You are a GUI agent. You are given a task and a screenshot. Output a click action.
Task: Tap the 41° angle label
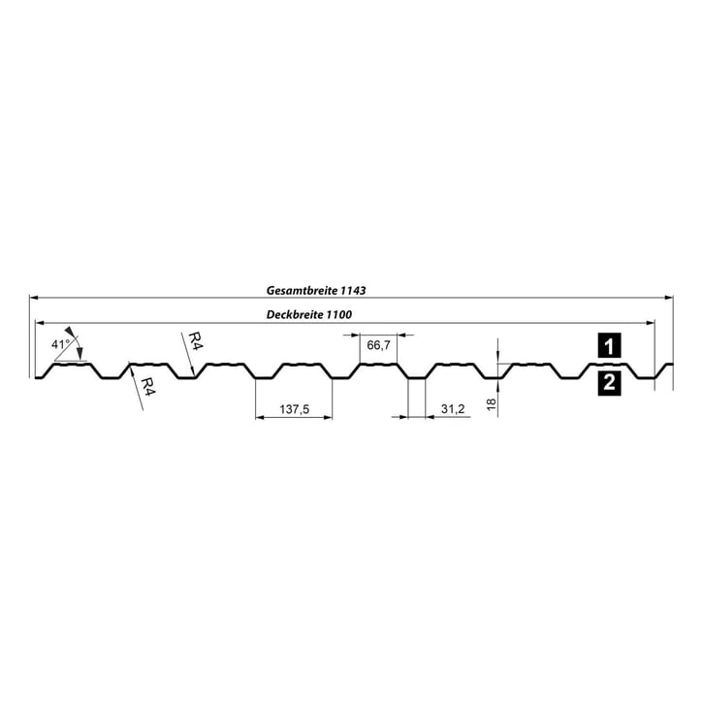click(59, 344)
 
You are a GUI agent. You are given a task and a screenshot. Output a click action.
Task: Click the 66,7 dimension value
click(379, 345)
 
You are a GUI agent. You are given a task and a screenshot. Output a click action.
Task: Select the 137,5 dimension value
click(294, 410)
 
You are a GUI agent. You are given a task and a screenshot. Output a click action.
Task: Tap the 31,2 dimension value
click(453, 410)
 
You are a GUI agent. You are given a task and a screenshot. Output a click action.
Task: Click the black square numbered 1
click(608, 345)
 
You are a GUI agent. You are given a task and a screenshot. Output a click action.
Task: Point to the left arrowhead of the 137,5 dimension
click(259, 419)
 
